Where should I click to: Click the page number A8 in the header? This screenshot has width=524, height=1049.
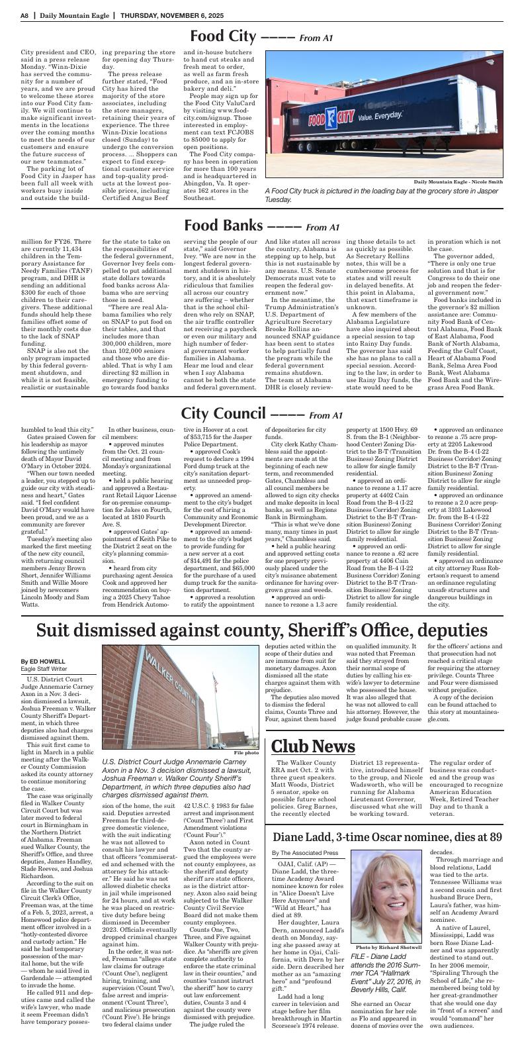[24, 15]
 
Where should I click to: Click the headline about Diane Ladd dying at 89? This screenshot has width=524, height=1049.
[387, 836]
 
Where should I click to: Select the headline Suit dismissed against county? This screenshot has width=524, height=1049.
[261, 630]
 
